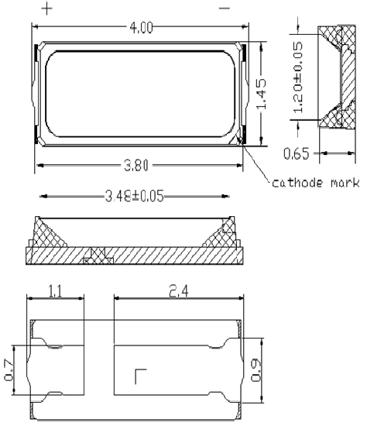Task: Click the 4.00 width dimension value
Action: pos(141,28)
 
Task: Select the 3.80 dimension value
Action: pos(136,166)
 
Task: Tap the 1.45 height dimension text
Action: pos(262,94)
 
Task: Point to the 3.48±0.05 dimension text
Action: pos(135,196)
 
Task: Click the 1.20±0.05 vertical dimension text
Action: pos(298,77)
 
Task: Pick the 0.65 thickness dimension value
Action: pos(297,153)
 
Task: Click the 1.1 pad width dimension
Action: pos(56,291)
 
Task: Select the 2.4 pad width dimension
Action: pos(179,291)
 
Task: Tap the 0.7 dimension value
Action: pos(9,370)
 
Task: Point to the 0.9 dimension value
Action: pos(256,370)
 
